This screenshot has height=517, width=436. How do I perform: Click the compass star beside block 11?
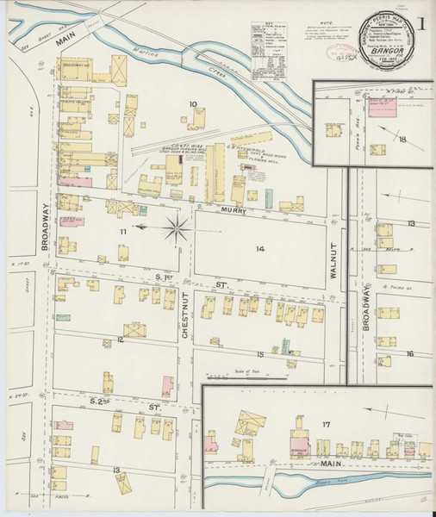176,227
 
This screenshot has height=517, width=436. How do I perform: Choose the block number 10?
193,105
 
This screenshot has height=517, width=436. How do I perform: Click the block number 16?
410,353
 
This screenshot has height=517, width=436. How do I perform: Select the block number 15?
258,353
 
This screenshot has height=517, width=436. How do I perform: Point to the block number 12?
121,340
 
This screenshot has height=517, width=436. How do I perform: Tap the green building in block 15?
285,346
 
